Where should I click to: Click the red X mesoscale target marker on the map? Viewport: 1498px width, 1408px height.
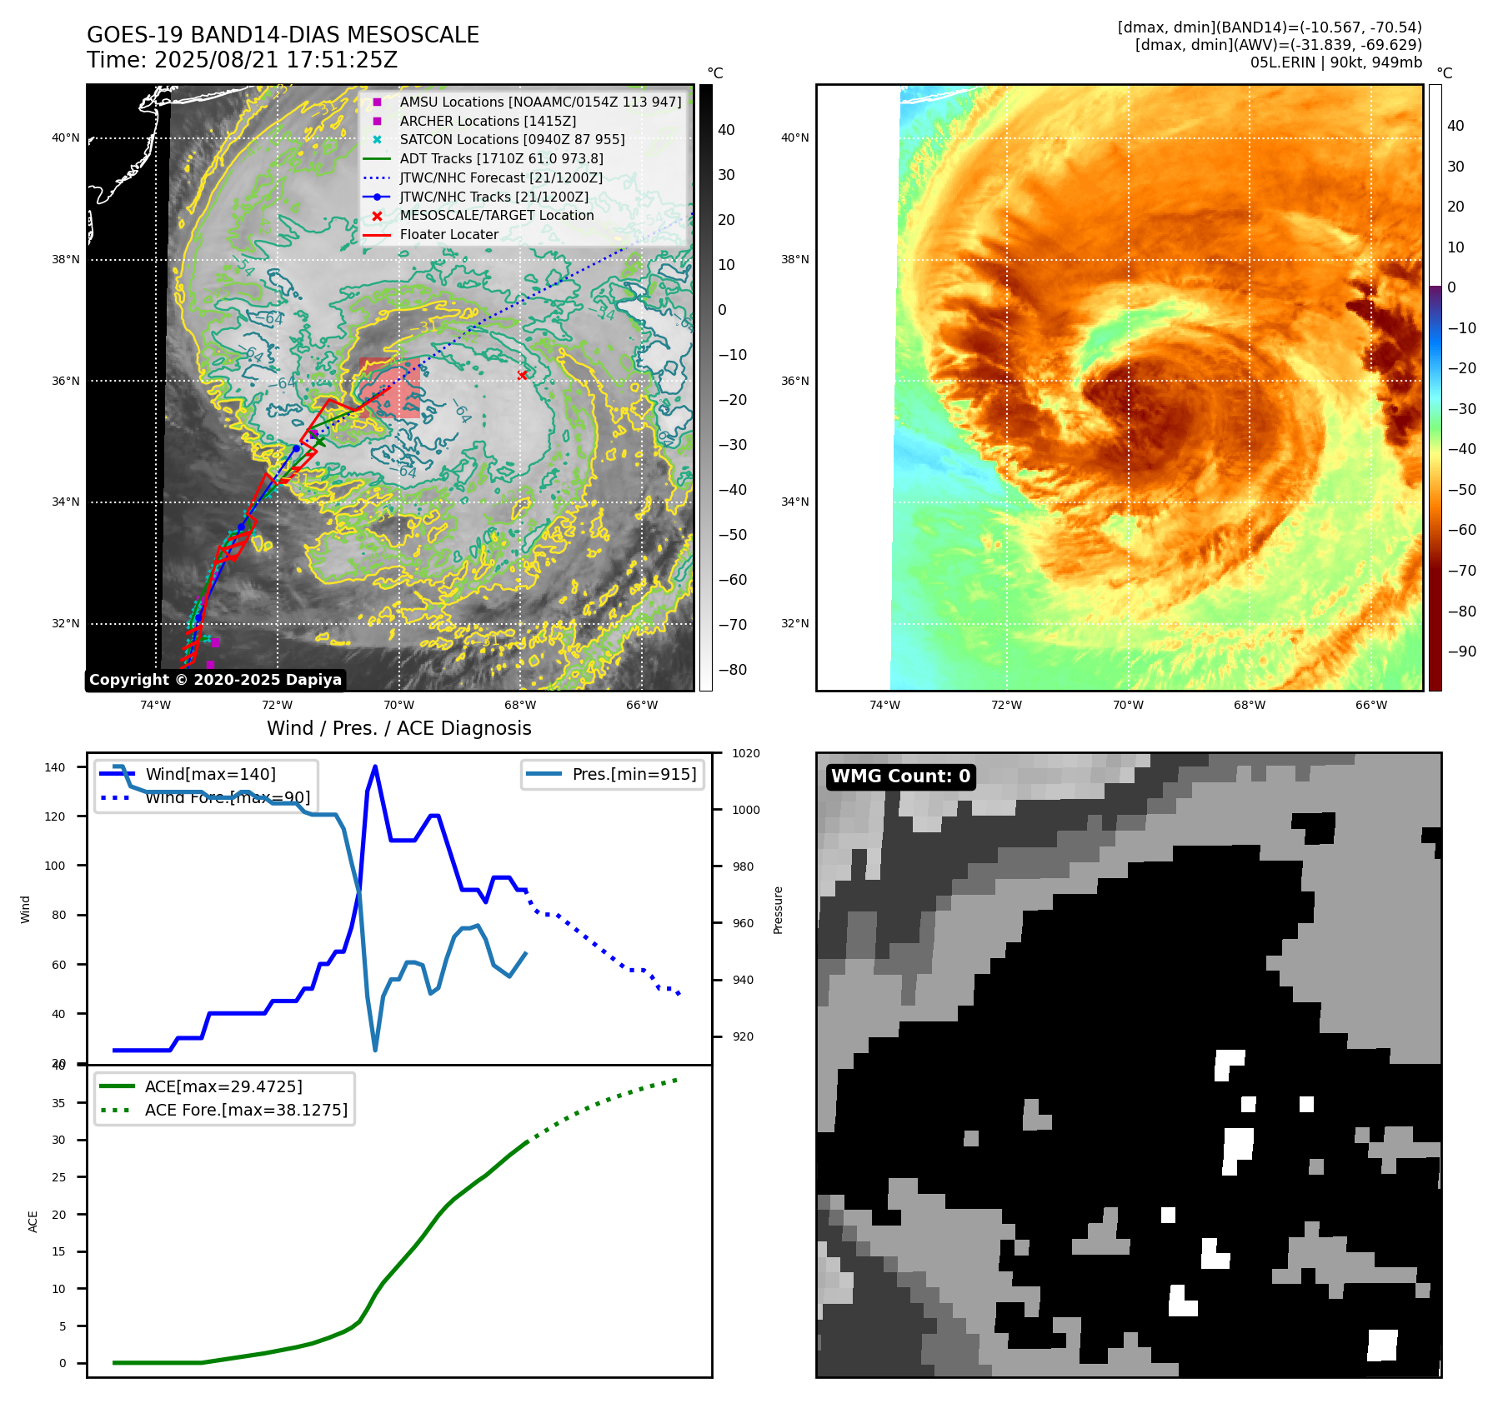click(x=522, y=375)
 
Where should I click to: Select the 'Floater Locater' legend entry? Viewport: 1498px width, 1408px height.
click(x=448, y=235)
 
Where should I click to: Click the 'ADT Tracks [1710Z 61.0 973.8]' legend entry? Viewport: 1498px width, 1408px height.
click(x=501, y=158)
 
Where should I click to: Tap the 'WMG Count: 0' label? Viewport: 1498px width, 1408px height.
click(x=900, y=776)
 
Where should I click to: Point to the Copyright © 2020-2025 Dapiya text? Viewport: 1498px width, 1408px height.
click(x=215, y=680)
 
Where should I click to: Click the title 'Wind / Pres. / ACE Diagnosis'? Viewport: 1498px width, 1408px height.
click(x=398, y=728)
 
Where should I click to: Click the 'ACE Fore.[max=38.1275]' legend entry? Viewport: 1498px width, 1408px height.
click(x=246, y=1110)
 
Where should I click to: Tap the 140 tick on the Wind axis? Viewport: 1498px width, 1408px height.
click(x=55, y=767)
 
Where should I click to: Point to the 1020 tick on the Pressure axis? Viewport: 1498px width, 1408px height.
click(x=745, y=754)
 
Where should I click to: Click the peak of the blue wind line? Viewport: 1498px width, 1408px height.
click(x=375, y=766)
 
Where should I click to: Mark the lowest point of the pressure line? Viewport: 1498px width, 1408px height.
click(x=375, y=1050)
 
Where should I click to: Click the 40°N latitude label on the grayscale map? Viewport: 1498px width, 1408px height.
click(x=66, y=138)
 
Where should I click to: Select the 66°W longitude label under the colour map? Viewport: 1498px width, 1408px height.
click(x=1370, y=705)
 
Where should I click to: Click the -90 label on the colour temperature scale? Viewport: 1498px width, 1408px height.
click(x=1461, y=652)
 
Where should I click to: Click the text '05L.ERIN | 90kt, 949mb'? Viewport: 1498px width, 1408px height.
click(x=1335, y=62)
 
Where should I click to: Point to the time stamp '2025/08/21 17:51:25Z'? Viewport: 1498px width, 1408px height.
click(x=275, y=60)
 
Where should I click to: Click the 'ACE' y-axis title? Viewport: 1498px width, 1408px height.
click(x=33, y=1221)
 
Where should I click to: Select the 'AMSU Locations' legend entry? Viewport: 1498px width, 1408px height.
click(x=540, y=102)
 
